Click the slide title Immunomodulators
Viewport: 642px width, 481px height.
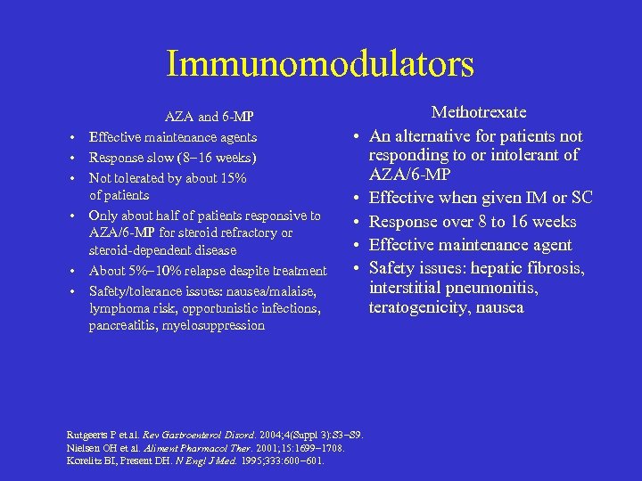point(320,64)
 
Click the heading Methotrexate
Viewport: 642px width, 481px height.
point(479,112)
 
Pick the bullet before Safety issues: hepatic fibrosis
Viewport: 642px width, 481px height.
point(355,268)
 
